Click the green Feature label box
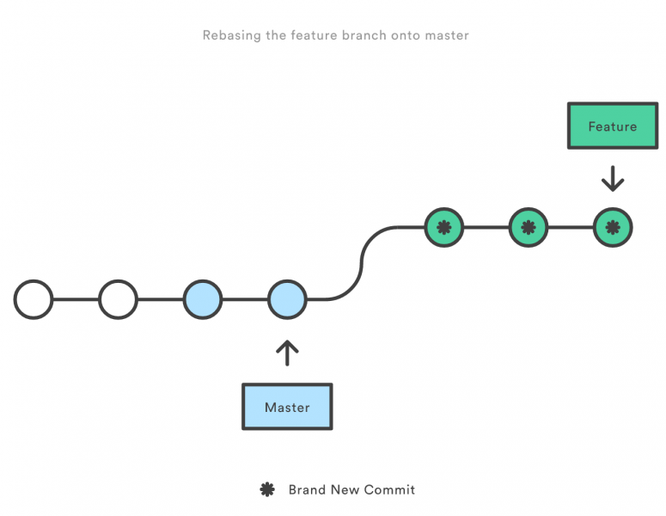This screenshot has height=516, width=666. [613, 126]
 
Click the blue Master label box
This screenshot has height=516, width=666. [287, 407]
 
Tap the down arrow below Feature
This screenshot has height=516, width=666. [613, 179]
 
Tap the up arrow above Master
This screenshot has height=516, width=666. [287, 353]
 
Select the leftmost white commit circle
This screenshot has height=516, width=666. [34, 300]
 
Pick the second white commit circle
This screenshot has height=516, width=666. [118, 300]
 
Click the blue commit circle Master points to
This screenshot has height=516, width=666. [287, 300]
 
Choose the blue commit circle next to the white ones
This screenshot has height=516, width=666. [203, 300]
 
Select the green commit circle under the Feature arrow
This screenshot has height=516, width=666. [613, 228]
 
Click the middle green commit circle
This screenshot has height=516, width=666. [529, 228]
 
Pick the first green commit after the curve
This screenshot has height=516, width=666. [444, 228]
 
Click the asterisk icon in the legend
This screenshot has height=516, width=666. [267, 489]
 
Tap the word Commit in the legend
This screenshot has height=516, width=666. [389, 489]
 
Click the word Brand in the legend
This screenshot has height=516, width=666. [307, 489]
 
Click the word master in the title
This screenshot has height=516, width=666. [447, 35]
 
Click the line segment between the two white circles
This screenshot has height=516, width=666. [76, 300]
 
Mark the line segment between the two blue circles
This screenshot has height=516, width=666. [245, 300]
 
